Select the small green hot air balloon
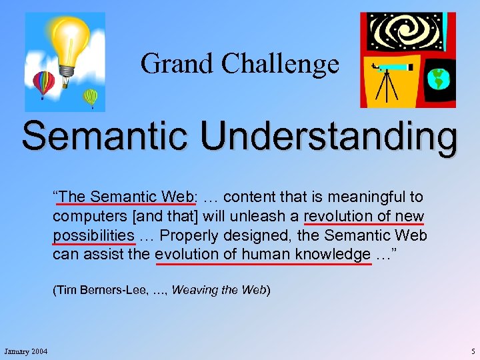pos(90,98)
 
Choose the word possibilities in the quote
pos(93,235)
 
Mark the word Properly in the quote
pos(191,235)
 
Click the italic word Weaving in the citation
pos(193,290)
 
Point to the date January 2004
pos(25,351)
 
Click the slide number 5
pos(472,351)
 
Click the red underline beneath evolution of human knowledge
pos(263,263)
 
